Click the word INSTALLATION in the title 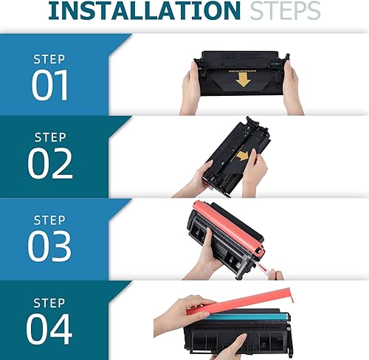pyautogui.click(x=144, y=10)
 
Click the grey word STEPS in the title pyautogui.click(x=285, y=10)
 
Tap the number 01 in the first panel pyautogui.click(x=50, y=85)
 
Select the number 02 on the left pyautogui.click(x=50, y=164)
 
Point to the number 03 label pyautogui.click(x=49, y=246)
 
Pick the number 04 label pyautogui.click(x=49, y=329)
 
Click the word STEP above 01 pyautogui.click(x=49, y=59)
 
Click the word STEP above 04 pyautogui.click(x=49, y=303)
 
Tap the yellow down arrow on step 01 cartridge pyautogui.click(x=244, y=80)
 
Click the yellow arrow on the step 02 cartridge pyautogui.click(x=243, y=156)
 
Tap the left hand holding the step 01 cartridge pyautogui.click(x=190, y=89)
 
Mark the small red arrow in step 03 pyautogui.click(x=262, y=267)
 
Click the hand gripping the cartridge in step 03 pyautogui.click(x=204, y=256)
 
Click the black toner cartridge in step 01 pyautogui.click(x=242, y=74)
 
